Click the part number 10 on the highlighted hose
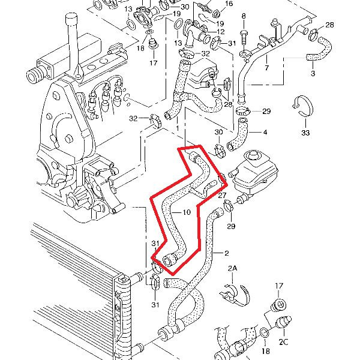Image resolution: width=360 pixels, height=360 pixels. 186,212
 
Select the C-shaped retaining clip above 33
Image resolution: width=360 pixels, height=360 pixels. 305,106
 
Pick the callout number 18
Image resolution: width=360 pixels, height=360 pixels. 266,351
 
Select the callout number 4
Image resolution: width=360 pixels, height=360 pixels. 265,131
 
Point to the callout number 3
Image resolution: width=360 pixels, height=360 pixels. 313,74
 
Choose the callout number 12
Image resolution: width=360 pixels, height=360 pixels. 221,31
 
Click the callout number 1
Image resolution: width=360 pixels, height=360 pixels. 178,128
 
